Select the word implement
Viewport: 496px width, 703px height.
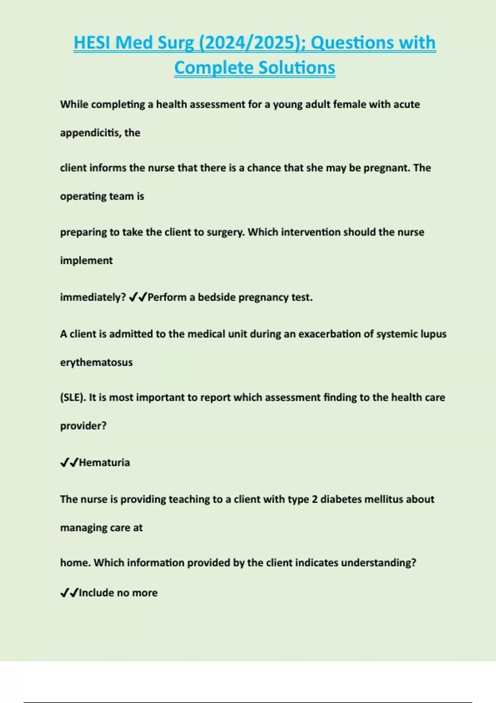(x=86, y=261)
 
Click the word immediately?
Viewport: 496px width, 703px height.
(x=93, y=297)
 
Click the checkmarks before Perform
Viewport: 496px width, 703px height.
(x=138, y=297)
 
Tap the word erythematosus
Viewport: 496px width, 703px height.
(x=96, y=362)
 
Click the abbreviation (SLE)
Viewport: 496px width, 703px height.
(x=73, y=397)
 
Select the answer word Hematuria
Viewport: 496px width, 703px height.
(x=104, y=462)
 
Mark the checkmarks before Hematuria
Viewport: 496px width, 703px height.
(x=69, y=462)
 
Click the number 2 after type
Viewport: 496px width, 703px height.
(x=315, y=499)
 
